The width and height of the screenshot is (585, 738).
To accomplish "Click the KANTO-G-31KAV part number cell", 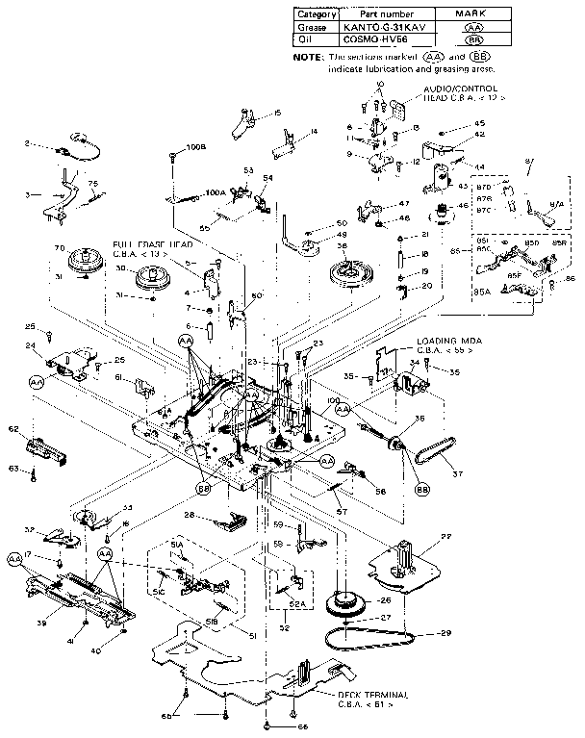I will pyautogui.click(x=383, y=29).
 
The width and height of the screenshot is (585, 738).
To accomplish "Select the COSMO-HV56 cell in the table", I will pyautogui.click(x=383, y=42).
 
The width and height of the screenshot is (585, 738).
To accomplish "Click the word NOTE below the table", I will pyautogui.click(x=308, y=58).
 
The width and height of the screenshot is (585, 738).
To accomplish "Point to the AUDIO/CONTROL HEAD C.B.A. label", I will pyautogui.click(x=465, y=91).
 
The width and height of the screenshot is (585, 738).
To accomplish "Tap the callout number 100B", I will pyautogui.click(x=195, y=147).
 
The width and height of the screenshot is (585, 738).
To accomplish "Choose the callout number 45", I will pyautogui.click(x=479, y=123).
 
